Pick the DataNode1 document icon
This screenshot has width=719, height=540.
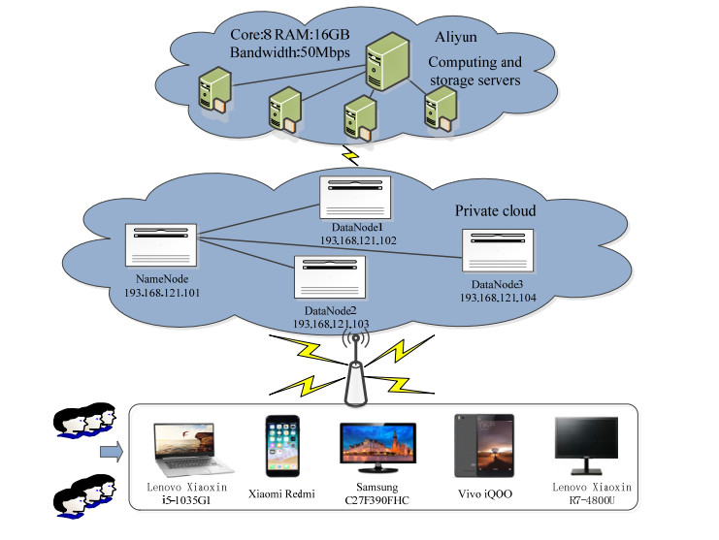coord(356,200)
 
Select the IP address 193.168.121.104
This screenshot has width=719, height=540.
coord(498,299)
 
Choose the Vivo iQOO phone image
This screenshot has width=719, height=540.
coord(477,447)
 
